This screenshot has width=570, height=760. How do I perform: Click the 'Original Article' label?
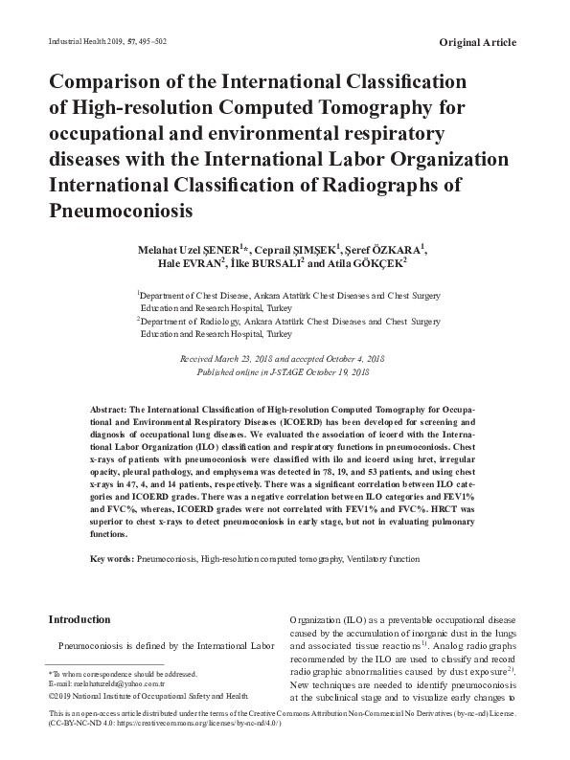pos(477,42)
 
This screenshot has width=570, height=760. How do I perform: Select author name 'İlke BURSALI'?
pos(262,264)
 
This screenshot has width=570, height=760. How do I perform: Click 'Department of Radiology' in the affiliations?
pos(192,322)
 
